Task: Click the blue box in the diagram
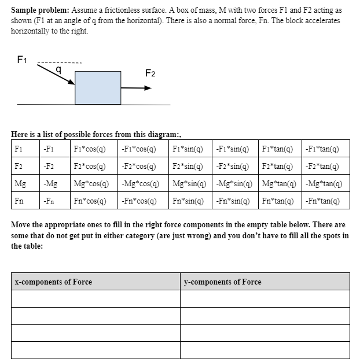pyautogui.click(x=98, y=87)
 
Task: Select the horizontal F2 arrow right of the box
pyautogui.click(x=137, y=88)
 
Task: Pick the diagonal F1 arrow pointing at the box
pyautogui.click(x=57, y=74)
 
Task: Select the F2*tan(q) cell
pyautogui.click(x=278, y=166)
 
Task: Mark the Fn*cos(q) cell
pyautogui.click(x=89, y=202)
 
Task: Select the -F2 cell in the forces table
pyautogui.click(x=50, y=166)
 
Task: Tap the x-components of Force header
pyautogui.click(x=53, y=282)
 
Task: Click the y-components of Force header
pyautogui.click(x=222, y=282)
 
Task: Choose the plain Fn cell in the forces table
pyautogui.click(x=20, y=202)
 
